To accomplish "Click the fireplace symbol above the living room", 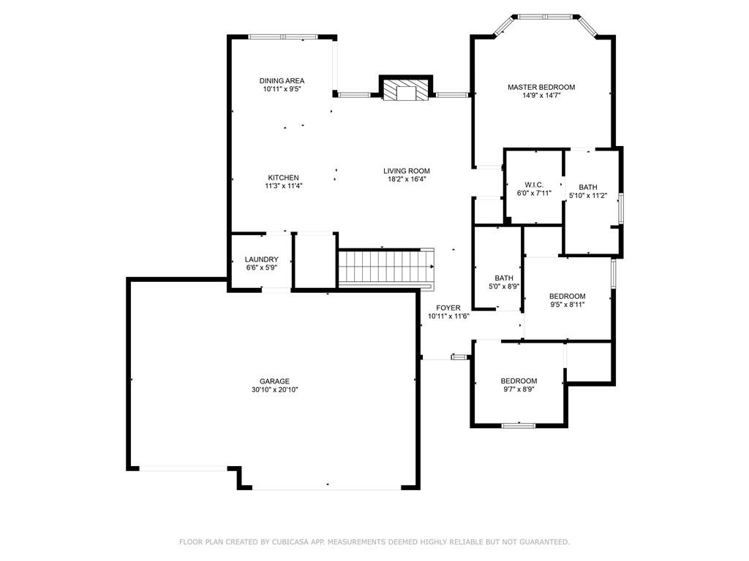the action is tap(406, 88).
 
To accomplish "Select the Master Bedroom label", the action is tap(541, 88).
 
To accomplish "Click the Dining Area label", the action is tap(282, 80).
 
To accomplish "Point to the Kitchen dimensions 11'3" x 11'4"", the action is tap(284, 186).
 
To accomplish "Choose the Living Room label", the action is tap(407, 171).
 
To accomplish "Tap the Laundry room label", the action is tap(261, 259).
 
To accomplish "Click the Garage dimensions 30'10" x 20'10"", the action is tap(275, 390).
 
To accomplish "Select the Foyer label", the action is tap(448, 308).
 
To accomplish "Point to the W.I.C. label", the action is tap(534, 185).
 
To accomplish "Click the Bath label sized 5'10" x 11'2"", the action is tap(588, 188).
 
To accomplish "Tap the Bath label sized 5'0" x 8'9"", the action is tap(504, 278).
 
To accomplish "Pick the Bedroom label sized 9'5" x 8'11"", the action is tap(567, 297).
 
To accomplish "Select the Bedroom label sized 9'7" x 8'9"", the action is tap(519, 381).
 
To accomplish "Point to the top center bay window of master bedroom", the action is tap(545, 17).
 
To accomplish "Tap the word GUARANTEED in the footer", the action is tap(544, 542).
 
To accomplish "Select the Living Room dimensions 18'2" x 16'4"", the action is tap(407, 180).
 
